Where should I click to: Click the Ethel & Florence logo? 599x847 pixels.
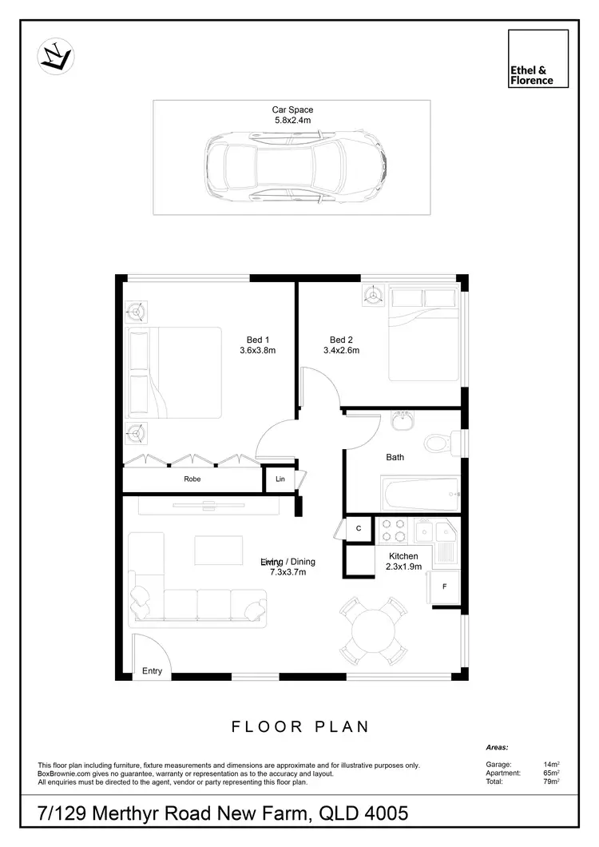click(x=538, y=58)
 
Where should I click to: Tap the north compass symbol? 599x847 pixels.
click(x=56, y=57)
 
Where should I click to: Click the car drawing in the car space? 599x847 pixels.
click(x=296, y=168)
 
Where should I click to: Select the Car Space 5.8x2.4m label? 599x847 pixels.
click(x=292, y=115)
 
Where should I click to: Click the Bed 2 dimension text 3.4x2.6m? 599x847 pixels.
click(x=341, y=350)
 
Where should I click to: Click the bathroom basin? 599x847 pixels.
click(x=400, y=421)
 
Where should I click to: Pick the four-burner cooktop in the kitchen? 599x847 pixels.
click(x=393, y=531)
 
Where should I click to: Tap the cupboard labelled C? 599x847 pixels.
click(x=359, y=529)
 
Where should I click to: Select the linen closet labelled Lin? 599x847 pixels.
click(x=280, y=479)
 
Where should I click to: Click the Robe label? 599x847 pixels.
click(x=192, y=479)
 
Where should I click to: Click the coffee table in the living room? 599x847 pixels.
click(x=218, y=551)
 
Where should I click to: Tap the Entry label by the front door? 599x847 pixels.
click(x=152, y=671)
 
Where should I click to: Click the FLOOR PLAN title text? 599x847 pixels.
click(x=300, y=726)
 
